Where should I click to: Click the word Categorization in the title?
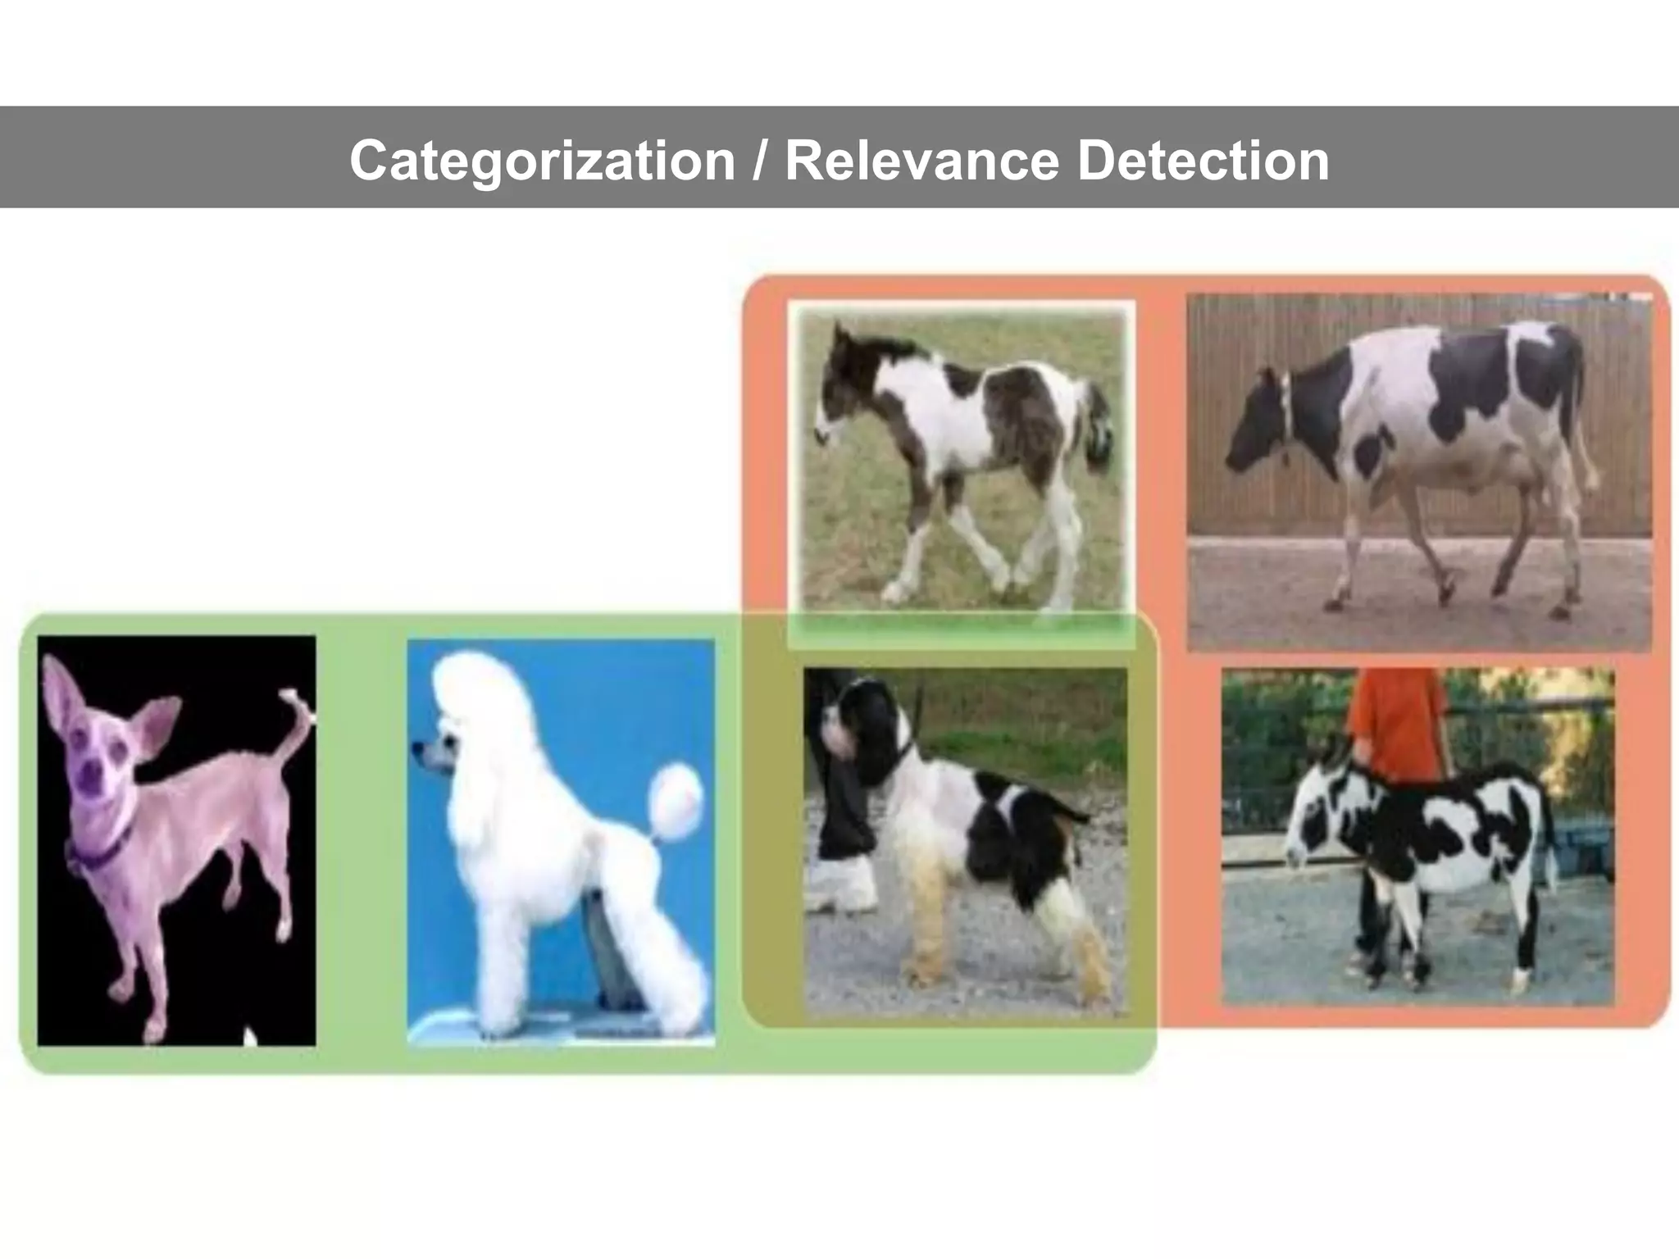pos(541,160)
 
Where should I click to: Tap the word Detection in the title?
pos(1203,160)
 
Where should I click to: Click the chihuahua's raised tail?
pos(295,721)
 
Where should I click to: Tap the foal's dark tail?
pos(1099,434)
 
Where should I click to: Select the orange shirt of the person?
pos(1398,721)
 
